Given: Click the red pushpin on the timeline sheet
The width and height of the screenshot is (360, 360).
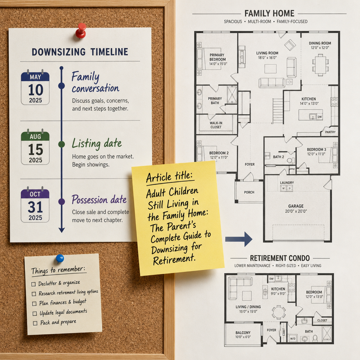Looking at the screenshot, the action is (x=81, y=30).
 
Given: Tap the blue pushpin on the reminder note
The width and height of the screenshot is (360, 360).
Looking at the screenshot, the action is (x=60, y=258).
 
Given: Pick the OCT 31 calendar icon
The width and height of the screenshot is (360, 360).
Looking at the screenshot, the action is (x=35, y=205).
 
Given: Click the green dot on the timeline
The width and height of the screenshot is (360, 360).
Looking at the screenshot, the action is (x=62, y=144).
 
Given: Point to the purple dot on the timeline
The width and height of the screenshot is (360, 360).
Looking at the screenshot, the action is (x=62, y=201).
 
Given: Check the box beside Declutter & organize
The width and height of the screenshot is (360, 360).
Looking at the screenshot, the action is (x=33, y=284).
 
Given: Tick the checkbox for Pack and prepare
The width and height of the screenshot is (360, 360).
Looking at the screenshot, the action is (x=35, y=323).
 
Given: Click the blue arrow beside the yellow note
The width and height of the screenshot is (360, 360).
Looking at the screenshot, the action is (x=239, y=239).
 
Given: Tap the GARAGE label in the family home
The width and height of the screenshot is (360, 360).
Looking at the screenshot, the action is (x=296, y=206).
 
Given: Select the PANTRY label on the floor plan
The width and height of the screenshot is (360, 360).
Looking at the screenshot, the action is (x=330, y=132).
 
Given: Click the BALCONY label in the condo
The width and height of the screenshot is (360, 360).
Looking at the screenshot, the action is (x=243, y=333).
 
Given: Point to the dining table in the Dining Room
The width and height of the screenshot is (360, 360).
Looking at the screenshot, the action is (x=320, y=65).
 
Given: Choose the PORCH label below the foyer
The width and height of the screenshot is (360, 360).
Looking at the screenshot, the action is (x=249, y=192).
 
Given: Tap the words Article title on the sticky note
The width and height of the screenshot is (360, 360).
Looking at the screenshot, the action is (x=169, y=177).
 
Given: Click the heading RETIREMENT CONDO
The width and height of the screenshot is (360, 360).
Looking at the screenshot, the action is (x=279, y=258).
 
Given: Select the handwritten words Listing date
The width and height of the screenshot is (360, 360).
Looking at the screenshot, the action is (x=97, y=144).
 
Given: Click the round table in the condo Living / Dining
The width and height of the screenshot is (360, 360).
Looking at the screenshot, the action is (x=279, y=312).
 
